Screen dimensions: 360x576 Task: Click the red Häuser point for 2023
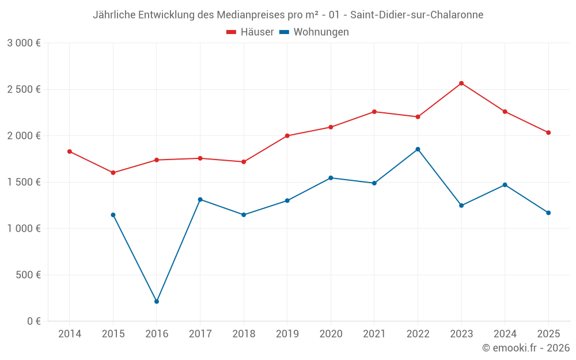[461, 84]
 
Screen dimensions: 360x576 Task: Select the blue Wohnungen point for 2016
[157, 302]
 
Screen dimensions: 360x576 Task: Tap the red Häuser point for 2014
[70, 151]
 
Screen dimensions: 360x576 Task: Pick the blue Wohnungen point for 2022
[418, 149]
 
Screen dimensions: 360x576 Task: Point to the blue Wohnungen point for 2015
[113, 215]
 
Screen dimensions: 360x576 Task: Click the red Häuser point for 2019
[287, 136]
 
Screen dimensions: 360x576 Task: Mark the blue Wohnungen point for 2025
[548, 213]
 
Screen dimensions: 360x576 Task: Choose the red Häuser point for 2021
[374, 112]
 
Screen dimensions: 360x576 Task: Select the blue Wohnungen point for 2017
[200, 199]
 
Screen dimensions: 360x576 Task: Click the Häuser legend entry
[250, 32]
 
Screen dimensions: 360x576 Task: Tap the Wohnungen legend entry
[314, 32]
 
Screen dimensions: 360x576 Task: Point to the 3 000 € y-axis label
[24, 43]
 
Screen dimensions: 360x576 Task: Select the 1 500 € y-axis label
[24, 182]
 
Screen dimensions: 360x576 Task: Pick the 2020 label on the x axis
[331, 334]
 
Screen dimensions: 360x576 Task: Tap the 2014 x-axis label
[70, 334]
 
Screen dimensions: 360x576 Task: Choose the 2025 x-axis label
[548, 334]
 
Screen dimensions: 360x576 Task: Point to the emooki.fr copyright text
[526, 348]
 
